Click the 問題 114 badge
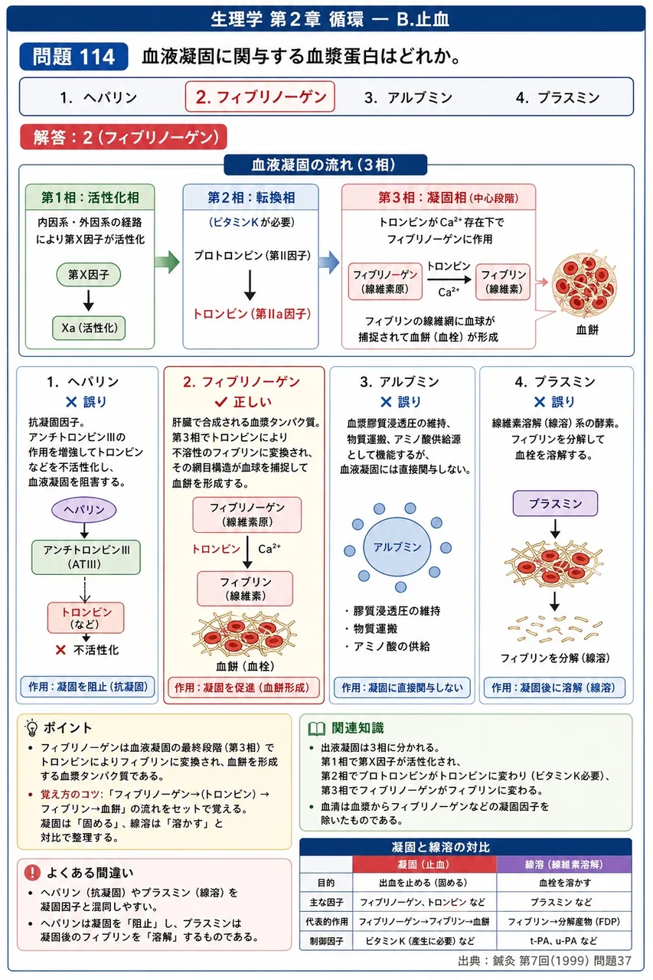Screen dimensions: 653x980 coord(73,57)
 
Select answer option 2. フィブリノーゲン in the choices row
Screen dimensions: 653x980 coord(260,96)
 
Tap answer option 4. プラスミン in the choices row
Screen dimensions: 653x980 coord(557,97)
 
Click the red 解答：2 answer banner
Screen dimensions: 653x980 coord(124,137)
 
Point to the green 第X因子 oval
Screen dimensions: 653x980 coord(88,275)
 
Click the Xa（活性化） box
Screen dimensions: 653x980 coord(89,328)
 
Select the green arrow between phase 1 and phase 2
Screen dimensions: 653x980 coord(167,262)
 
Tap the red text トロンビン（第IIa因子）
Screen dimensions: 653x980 coord(252,314)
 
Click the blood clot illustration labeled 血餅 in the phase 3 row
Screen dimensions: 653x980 coord(584,283)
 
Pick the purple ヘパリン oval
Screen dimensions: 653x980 coord(84,509)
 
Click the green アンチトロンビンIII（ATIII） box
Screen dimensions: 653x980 coord(86,557)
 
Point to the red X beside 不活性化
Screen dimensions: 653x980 coord(60,650)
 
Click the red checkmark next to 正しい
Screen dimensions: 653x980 coord(221,401)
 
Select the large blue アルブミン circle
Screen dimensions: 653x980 coord(397,547)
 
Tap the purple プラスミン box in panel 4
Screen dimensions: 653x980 coord(555,503)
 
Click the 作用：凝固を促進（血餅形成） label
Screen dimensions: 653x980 coord(243,688)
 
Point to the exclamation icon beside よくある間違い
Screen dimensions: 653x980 coord(32,872)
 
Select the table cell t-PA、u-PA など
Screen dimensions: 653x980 coord(563,941)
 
